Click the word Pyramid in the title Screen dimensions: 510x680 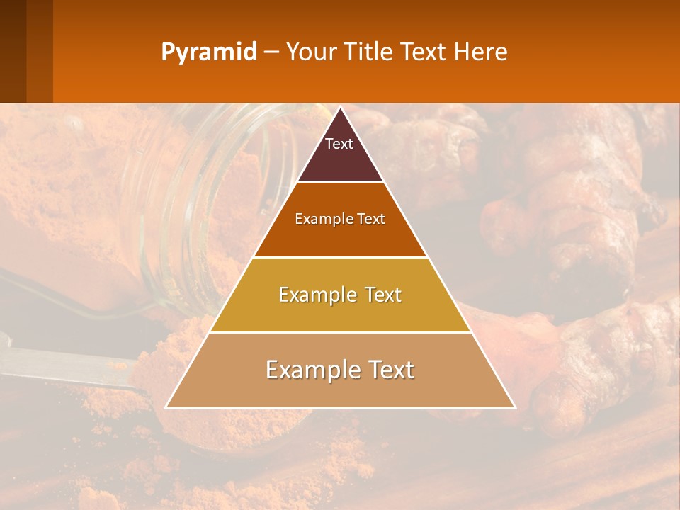pyautogui.click(x=208, y=52)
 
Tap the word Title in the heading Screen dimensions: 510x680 pyautogui.click(x=368, y=52)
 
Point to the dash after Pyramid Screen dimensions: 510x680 pyautogui.click(x=271, y=52)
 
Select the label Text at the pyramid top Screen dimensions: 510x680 pyautogui.click(x=339, y=144)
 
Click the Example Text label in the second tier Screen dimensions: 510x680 pyautogui.click(x=340, y=219)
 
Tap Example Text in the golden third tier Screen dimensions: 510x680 pyautogui.click(x=340, y=295)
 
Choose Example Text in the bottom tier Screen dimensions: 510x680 pyautogui.click(x=340, y=370)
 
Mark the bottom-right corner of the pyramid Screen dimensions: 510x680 pyautogui.click(x=515, y=407)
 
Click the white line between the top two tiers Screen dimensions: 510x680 pyautogui.click(x=340, y=181)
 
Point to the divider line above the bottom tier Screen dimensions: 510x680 pyautogui.click(x=340, y=332)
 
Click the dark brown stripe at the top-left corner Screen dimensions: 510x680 pyautogui.click(x=13, y=50)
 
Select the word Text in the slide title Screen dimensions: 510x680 pyautogui.click(x=423, y=52)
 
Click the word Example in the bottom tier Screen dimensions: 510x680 pyautogui.click(x=309, y=370)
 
